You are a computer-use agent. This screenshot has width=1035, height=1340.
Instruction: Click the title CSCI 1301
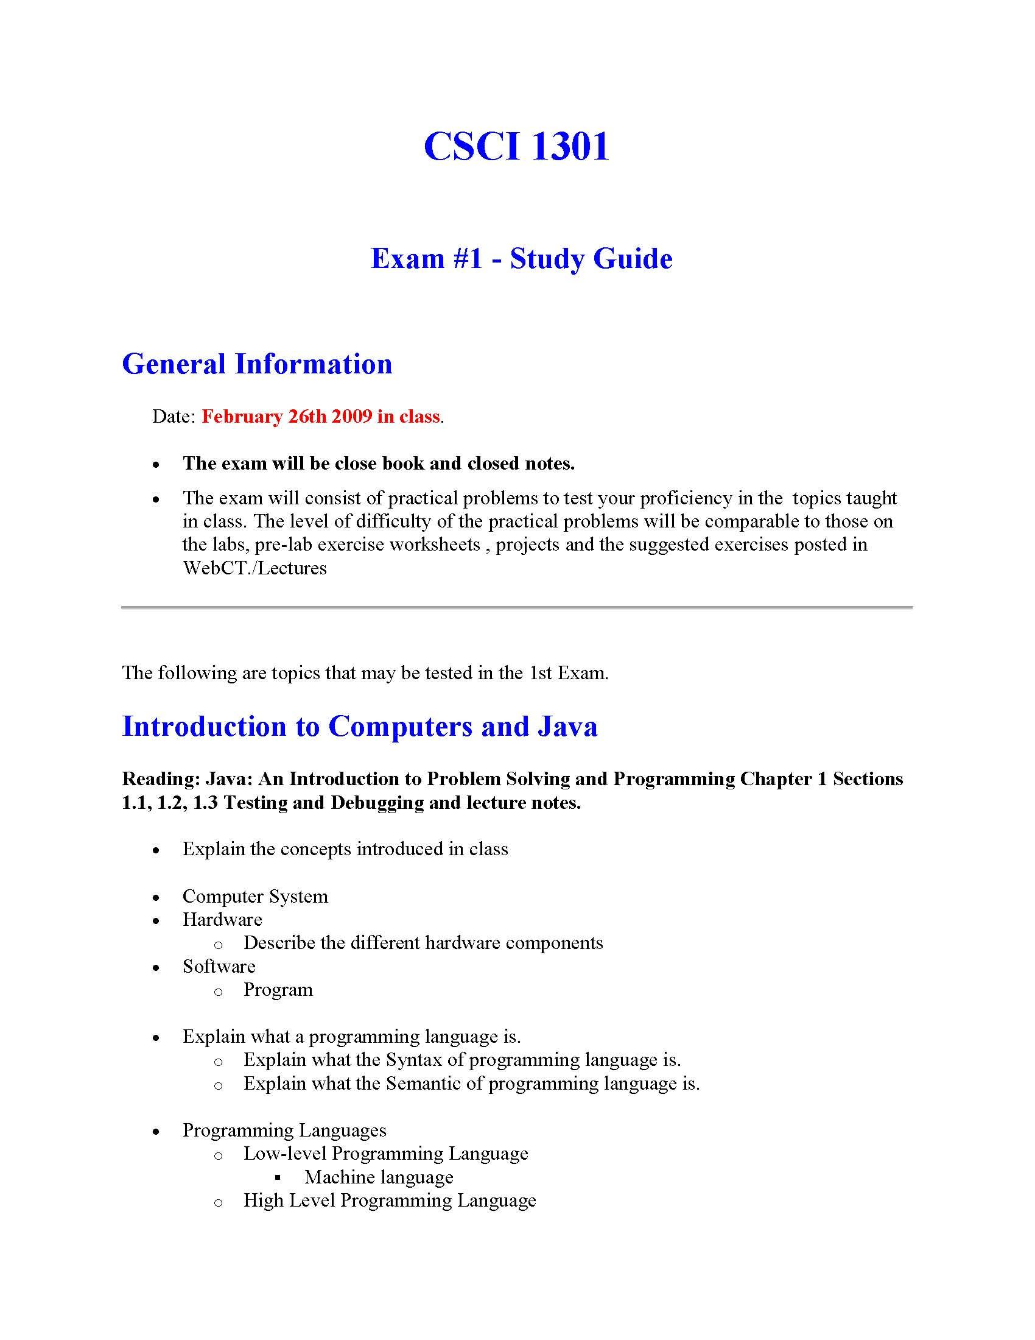tap(516, 147)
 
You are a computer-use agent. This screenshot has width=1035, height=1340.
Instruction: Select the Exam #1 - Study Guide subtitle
tap(521, 258)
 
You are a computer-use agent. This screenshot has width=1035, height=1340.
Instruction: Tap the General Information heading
tap(257, 364)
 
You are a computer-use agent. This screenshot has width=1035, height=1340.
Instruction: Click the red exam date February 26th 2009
tap(287, 417)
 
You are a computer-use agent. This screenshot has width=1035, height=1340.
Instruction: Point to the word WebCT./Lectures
tap(254, 568)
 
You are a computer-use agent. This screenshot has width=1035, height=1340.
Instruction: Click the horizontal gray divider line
tap(516, 607)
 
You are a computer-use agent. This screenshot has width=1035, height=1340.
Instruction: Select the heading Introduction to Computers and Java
tap(359, 727)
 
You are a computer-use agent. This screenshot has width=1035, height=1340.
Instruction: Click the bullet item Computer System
tap(255, 897)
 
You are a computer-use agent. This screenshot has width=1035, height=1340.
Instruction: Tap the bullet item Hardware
tap(222, 920)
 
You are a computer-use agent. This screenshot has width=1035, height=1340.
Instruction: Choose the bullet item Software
tap(219, 967)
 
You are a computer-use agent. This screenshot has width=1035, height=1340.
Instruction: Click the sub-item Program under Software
tap(278, 990)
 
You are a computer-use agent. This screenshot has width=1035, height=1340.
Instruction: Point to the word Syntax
tap(414, 1060)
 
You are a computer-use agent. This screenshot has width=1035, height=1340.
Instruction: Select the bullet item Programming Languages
tap(284, 1130)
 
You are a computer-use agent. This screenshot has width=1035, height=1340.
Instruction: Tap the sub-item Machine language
tap(379, 1177)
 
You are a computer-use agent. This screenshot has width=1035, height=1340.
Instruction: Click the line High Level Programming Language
tap(390, 1200)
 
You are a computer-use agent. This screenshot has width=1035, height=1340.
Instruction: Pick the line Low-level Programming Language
tap(385, 1154)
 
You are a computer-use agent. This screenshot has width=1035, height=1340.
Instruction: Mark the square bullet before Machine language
tap(278, 1177)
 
